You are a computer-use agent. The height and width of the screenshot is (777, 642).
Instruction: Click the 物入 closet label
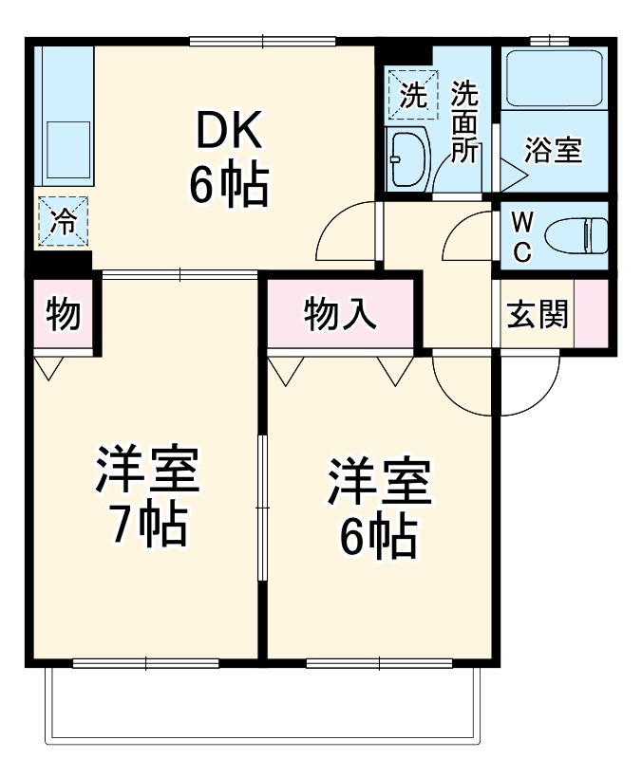pos(340,314)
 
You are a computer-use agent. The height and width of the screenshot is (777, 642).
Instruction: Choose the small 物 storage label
pos(63,314)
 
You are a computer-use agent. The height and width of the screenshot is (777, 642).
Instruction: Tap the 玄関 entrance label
pos(537,314)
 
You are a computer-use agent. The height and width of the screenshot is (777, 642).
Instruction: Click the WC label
pos(521,237)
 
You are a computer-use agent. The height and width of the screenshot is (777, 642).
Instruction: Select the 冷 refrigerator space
pos(63,222)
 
